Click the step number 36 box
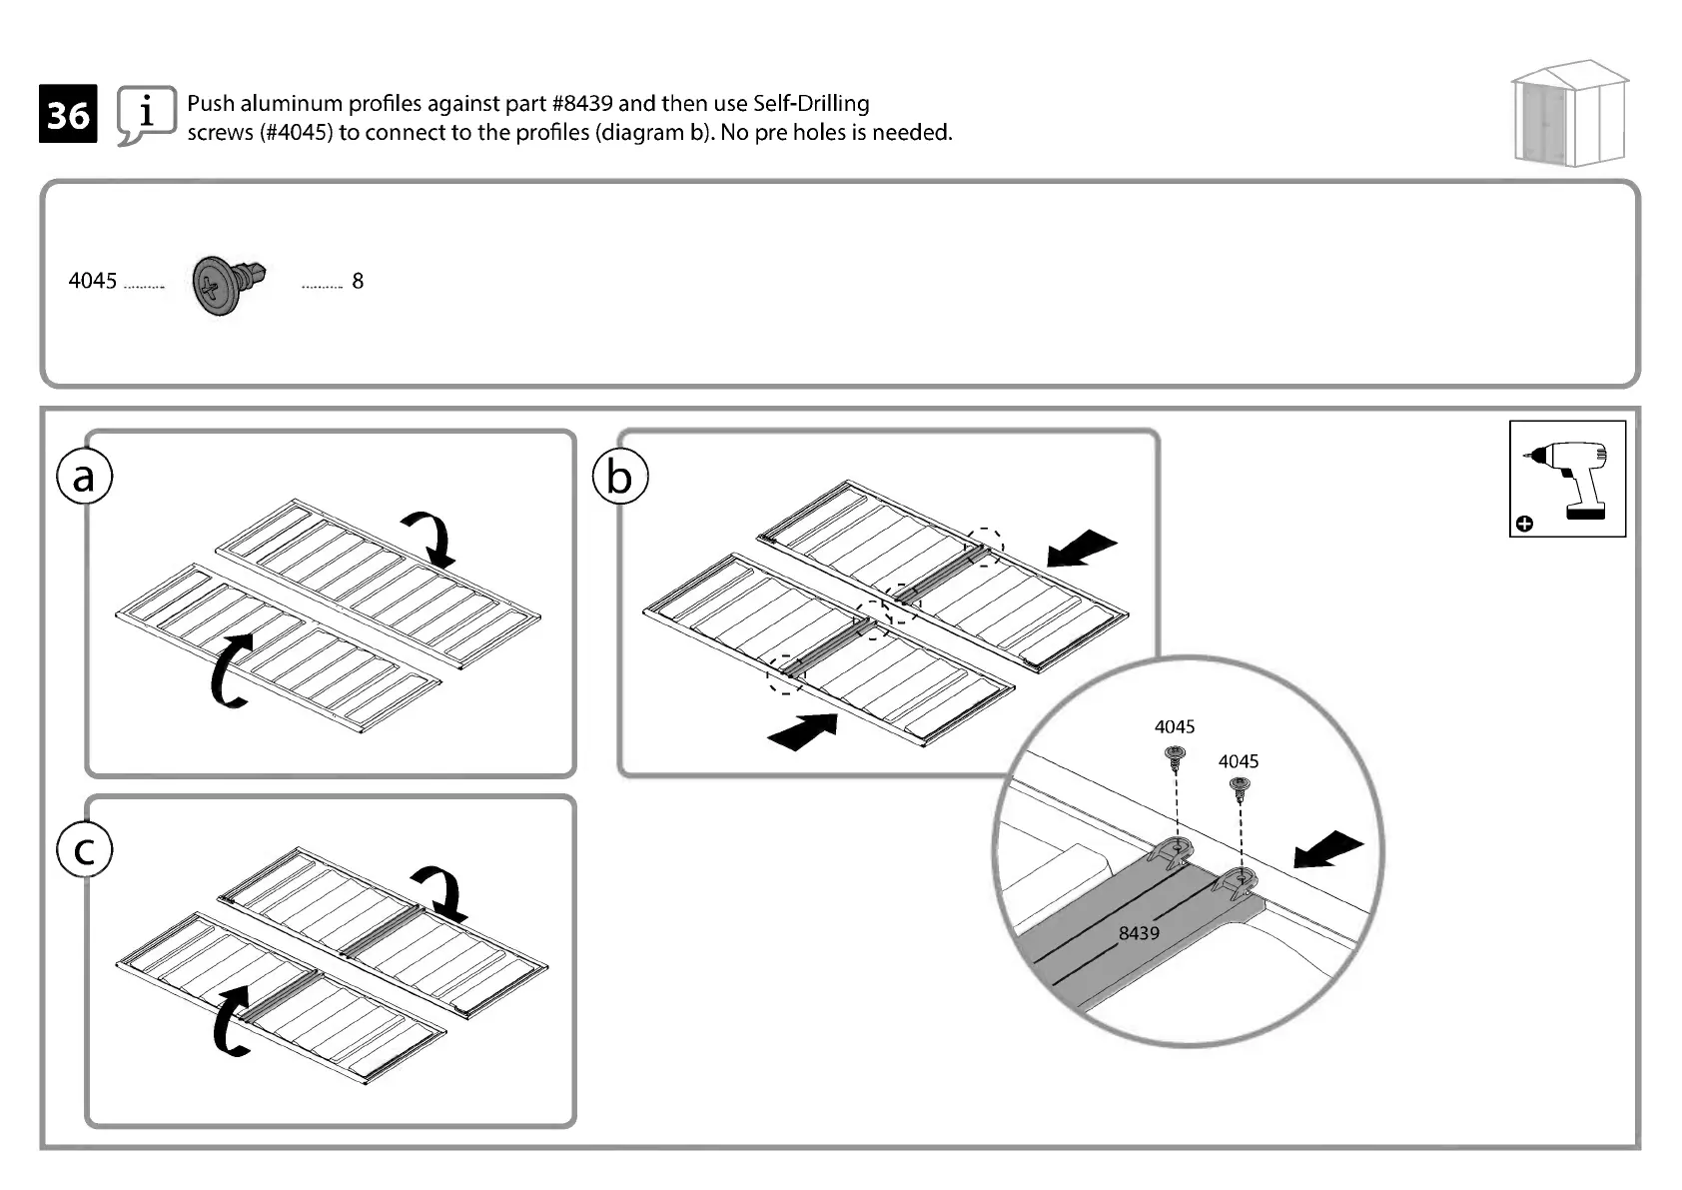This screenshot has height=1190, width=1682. click(68, 115)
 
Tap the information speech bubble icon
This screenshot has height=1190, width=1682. click(146, 114)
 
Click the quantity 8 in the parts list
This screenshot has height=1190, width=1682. click(358, 282)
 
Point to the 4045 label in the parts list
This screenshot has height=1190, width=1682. click(93, 281)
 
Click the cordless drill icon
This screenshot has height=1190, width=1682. click(1567, 479)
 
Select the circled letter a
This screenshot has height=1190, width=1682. click(84, 478)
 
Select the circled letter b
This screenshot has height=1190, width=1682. click(619, 478)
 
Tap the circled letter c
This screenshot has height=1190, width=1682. click(85, 850)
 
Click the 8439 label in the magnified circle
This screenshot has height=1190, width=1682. click(1139, 933)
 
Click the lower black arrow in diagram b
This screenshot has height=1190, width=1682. click(803, 731)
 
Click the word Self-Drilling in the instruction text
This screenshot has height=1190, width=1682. click(811, 104)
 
